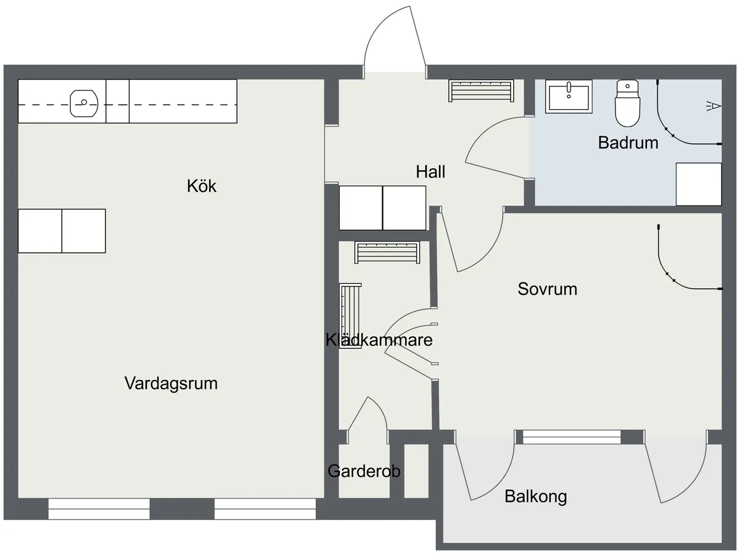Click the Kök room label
(x=202, y=186)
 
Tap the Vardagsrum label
(x=171, y=383)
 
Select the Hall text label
(x=430, y=172)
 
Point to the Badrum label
(x=628, y=143)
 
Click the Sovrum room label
(x=547, y=289)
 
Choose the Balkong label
(x=535, y=496)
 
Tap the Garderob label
(x=364, y=471)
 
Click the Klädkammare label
(x=379, y=340)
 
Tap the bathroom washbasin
(x=570, y=96)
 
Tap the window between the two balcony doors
(x=572, y=437)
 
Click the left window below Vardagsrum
(x=99, y=508)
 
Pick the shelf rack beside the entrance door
(x=481, y=91)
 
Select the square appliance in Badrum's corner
(x=698, y=184)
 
